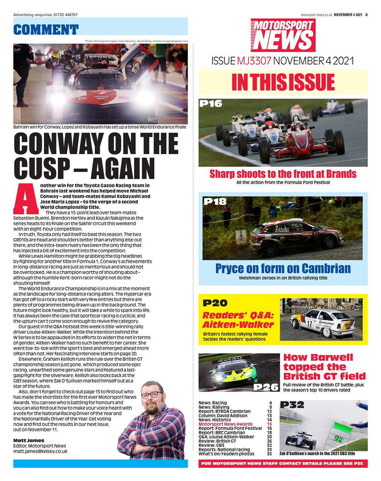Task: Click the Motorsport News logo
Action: click(283, 35)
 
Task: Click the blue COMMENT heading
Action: click(46, 29)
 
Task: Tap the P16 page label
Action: click(211, 104)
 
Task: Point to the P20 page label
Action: click(215, 303)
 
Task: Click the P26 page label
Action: click(266, 387)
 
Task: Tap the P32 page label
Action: click(292, 405)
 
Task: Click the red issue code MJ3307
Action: click(254, 61)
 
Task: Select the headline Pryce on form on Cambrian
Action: click(283, 268)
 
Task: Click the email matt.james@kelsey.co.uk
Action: click(40, 451)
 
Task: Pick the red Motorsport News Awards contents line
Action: click(225, 424)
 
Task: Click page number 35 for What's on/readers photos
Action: click(269, 454)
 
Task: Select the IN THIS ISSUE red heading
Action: click(283, 82)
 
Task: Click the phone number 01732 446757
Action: click(66, 15)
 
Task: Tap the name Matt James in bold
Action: click(29, 440)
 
